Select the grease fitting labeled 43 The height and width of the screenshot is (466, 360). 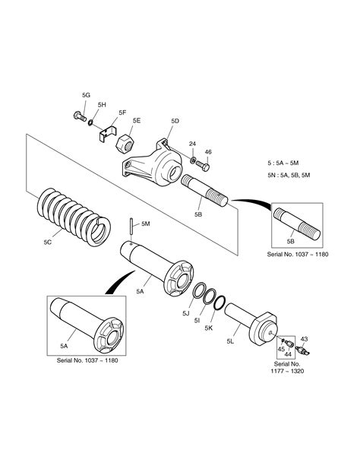(x=304, y=351)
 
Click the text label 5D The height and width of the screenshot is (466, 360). (x=175, y=121)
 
